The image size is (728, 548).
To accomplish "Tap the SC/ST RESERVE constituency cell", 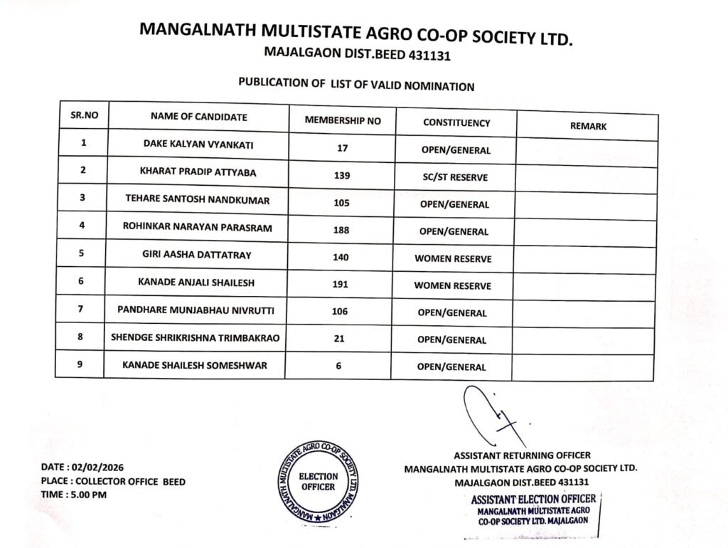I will click(x=453, y=177).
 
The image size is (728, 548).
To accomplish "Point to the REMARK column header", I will click(x=588, y=126).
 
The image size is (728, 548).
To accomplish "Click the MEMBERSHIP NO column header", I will click(x=342, y=120).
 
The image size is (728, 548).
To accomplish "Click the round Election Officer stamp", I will click(x=317, y=481).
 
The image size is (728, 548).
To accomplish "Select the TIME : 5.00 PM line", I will click(x=74, y=495).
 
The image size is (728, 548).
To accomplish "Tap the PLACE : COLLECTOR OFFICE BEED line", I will click(x=113, y=481).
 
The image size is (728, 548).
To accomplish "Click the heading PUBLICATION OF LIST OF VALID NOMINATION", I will click(x=355, y=85).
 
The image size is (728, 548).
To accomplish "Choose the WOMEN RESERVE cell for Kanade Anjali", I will click(x=453, y=286).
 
